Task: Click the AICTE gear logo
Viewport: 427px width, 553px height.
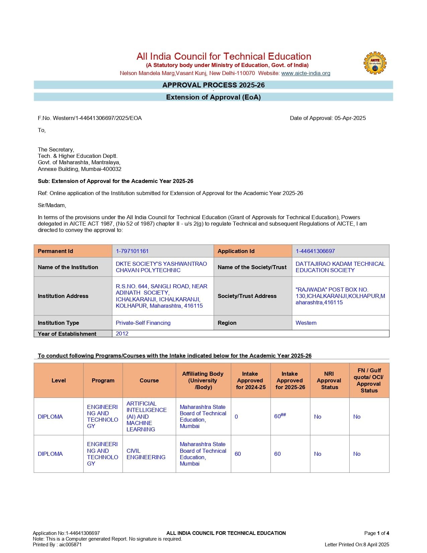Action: [x=375, y=63]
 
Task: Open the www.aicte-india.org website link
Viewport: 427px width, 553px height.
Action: [x=305, y=73]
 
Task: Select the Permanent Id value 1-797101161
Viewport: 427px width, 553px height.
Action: [x=132, y=251]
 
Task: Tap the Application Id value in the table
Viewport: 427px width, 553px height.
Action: [x=315, y=251]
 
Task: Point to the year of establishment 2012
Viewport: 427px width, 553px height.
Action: [x=122, y=333]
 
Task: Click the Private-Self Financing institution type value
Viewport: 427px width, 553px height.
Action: [x=143, y=323]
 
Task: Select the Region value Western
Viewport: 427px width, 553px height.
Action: [x=306, y=323]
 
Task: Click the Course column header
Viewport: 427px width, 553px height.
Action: [x=149, y=380]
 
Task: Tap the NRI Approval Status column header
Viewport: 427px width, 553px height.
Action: [x=329, y=380]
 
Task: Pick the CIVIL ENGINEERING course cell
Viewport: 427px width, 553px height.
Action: [x=146, y=454]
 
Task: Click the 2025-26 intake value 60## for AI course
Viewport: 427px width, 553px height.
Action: [x=280, y=416]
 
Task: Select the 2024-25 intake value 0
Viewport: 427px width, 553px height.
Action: [x=236, y=417]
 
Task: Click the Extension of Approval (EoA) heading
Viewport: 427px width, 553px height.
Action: [x=213, y=97]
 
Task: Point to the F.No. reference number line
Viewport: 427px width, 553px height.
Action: [x=90, y=118]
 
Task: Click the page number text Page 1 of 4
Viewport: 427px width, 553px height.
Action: [x=376, y=533]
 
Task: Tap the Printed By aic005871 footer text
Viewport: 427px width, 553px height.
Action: [x=57, y=544]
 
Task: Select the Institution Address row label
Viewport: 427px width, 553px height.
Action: [x=63, y=296]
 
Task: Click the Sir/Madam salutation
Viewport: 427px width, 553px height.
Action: [x=52, y=205]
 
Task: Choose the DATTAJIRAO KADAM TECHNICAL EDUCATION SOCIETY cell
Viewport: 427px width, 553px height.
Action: [x=340, y=267]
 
